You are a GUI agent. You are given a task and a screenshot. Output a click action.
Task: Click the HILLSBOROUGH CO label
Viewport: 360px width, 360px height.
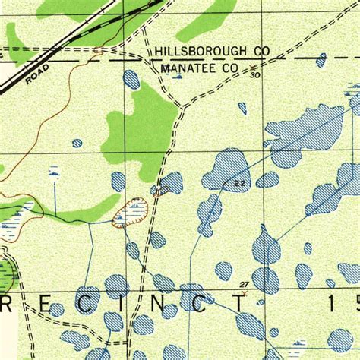click(x=212, y=51)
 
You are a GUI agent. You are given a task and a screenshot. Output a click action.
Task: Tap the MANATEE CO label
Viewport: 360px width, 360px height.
click(x=200, y=68)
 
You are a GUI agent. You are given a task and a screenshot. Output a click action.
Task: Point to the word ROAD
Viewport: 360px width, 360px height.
click(x=36, y=72)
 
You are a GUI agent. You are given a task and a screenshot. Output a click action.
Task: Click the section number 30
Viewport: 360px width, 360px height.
click(x=254, y=75)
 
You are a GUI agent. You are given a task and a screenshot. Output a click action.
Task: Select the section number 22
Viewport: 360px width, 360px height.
click(x=240, y=183)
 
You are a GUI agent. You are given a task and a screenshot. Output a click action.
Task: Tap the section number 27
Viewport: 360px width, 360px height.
click(x=243, y=284)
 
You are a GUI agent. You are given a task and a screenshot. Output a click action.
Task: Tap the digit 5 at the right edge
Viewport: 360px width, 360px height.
click(x=354, y=303)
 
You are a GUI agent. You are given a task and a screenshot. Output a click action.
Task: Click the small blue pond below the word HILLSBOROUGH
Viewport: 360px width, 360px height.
click(x=131, y=79)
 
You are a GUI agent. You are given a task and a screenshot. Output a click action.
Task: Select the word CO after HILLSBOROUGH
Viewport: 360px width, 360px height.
click(x=261, y=51)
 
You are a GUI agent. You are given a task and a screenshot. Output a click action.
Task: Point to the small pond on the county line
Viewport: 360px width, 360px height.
click(x=322, y=58)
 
